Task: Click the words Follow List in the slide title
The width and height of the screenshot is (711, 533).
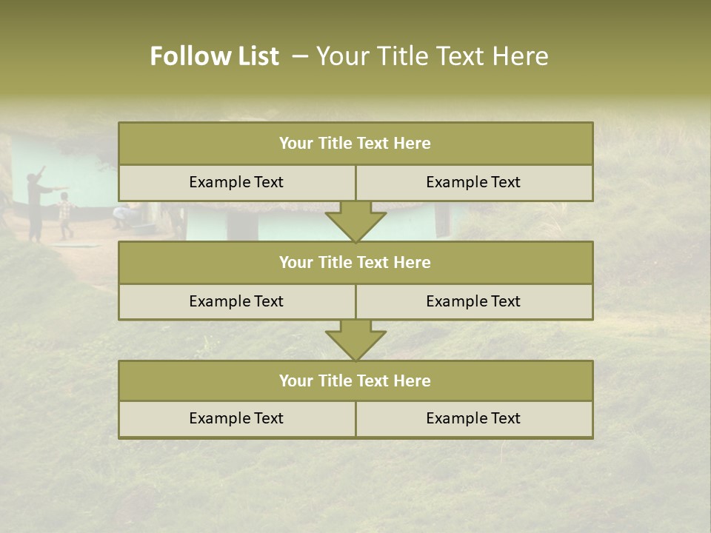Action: pyautogui.click(x=214, y=56)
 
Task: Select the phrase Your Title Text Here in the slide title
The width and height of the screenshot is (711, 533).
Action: pyautogui.click(x=432, y=56)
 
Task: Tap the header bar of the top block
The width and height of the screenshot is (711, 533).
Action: pyautogui.click(x=355, y=144)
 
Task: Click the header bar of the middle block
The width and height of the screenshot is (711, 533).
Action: pyautogui.click(x=355, y=263)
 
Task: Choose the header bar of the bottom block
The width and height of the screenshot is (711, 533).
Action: pyautogui.click(x=355, y=381)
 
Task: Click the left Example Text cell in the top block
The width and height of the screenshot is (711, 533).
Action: pyautogui.click(x=236, y=183)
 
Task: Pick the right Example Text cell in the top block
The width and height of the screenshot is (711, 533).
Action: pyautogui.click(x=473, y=183)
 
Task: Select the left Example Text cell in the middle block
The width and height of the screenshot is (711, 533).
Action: pyautogui.click(x=236, y=302)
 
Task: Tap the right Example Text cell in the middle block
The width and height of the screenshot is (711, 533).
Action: pyautogui.click(x=473, y=302)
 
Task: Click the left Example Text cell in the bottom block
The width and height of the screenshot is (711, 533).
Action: pyautogui.click(x=236, y=419)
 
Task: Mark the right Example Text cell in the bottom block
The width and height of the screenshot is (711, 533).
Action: pyautogui.click(x=473, y=419)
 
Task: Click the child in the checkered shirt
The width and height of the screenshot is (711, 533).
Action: pyautogui.click(x=66, y=215)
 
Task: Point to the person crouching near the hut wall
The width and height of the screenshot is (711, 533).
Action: pyautogui.click(x=120, y=216)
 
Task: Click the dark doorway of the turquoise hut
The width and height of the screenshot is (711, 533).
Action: pyautogui.click(x=442, y=221)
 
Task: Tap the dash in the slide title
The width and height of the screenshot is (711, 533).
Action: pyautogui.click(x=300, y=56)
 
